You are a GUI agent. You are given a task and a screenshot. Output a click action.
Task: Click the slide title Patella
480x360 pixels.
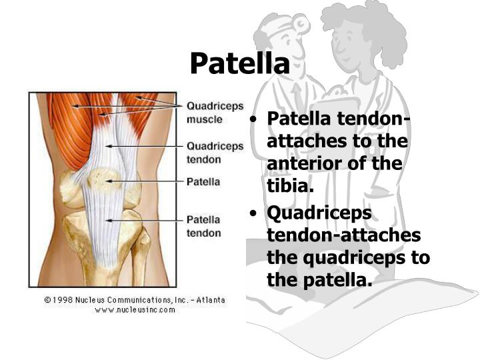point(239,64)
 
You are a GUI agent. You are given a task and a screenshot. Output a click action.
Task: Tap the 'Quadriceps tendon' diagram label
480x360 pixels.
point(215,152)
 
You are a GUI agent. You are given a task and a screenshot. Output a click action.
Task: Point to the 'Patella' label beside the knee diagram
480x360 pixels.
point(203,181)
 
